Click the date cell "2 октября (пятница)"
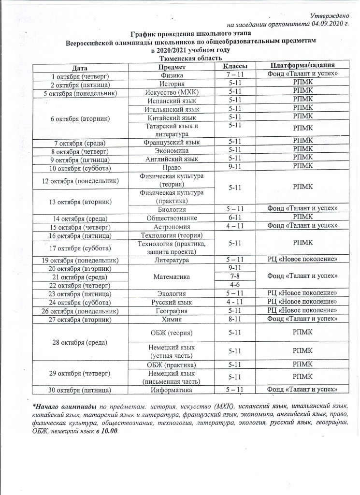pyautogui.click(x=81, y=85)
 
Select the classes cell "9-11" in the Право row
pyautogui.click(x=235, y=167)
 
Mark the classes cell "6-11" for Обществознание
pyautogui.click(x=235, y=218)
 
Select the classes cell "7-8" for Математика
pyautogui.click(x=235, y=277)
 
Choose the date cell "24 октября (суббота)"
pyautogui.click(x=81, y=302)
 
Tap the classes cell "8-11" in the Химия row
pyautogui.click(x=235, y=319)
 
